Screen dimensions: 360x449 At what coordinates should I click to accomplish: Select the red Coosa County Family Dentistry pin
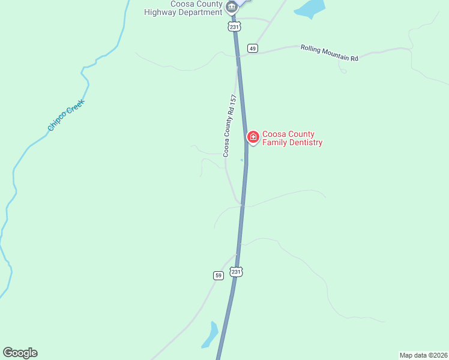253,137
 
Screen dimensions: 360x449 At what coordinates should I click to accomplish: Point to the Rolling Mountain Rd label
329,53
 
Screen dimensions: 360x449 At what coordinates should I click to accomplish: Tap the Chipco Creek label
66,115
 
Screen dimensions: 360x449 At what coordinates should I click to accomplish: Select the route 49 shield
253,49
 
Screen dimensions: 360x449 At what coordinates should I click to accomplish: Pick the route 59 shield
218,275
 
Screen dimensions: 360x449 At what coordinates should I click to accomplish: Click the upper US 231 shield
234,26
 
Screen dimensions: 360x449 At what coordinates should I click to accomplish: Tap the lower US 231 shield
237,272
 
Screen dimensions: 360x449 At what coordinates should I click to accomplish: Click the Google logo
20,353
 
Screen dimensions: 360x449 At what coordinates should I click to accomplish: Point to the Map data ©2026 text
424,355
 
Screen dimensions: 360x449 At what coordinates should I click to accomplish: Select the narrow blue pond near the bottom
210,335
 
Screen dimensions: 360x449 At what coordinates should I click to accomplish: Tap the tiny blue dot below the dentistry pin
242,160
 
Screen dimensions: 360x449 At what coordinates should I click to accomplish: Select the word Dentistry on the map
303,143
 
